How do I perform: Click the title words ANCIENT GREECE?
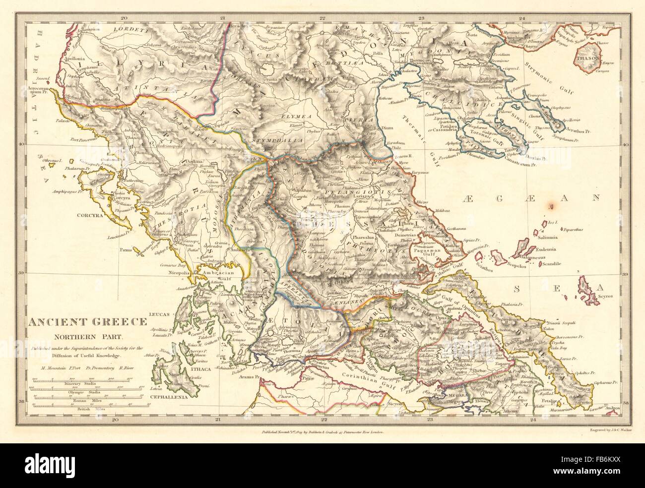[87, 321]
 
